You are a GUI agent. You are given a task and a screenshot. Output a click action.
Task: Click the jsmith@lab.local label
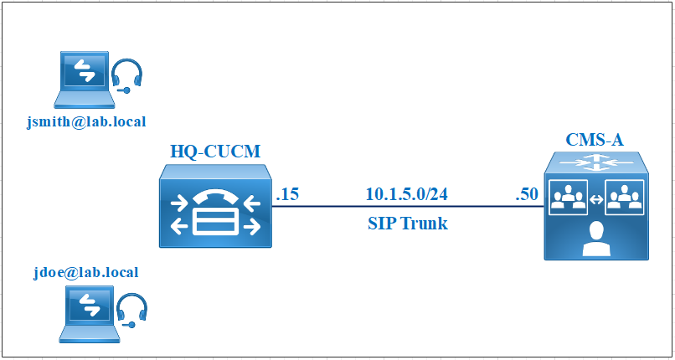click(86, 122)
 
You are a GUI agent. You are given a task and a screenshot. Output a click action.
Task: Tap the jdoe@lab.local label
click(86, 272)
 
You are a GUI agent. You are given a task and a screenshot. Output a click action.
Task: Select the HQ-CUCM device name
click(215, 152)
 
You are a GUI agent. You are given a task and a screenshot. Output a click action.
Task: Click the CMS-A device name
click(595, 140)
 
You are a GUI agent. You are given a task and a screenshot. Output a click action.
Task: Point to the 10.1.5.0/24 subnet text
click(407, 194)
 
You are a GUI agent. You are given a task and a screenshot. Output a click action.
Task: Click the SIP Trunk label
click(408, 224)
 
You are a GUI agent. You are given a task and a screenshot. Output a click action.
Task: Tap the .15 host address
click(287, 195)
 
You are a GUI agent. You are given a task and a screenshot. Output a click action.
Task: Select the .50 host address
click(527, 195)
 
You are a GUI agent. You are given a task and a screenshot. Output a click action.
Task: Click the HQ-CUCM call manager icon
click(216, 206)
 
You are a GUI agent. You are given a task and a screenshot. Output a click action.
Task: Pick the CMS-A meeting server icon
click(596, 206)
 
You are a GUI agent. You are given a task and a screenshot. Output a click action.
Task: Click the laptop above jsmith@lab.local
click(85, 80)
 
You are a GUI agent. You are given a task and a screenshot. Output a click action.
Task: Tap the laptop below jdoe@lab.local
click(90, 315)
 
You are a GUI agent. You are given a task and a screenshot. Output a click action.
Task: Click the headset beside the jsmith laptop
click(126, 76)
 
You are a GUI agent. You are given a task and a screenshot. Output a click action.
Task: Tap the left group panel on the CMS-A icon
click(569, 198)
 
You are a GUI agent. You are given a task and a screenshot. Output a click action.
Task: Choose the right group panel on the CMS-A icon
click(625, 198)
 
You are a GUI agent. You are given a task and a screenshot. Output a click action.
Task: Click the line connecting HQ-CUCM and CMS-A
click(408, 207)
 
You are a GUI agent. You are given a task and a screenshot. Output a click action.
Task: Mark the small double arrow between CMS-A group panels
click(596, 199)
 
